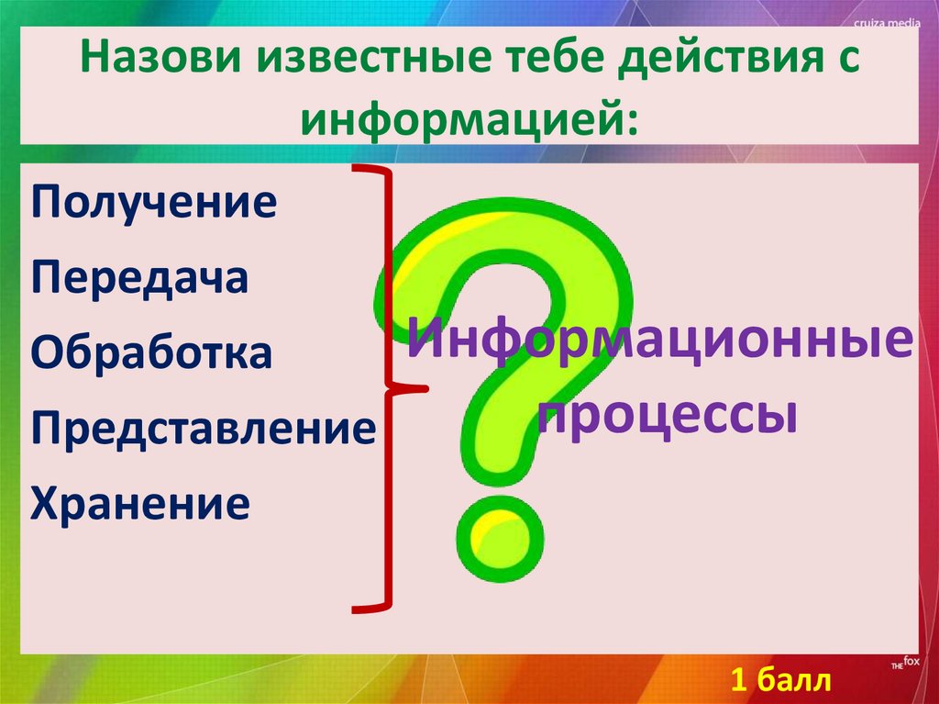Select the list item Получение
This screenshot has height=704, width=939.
[x=154, y=203]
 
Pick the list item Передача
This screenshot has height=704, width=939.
[x=139, y=278]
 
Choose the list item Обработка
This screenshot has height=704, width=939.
[x=151, y=353]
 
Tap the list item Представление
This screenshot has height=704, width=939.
[x=203, y=428]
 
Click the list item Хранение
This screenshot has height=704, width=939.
[x=139, y=503]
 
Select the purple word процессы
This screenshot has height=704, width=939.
[x=665, y=418]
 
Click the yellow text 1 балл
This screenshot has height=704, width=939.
[x=780, y=680]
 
